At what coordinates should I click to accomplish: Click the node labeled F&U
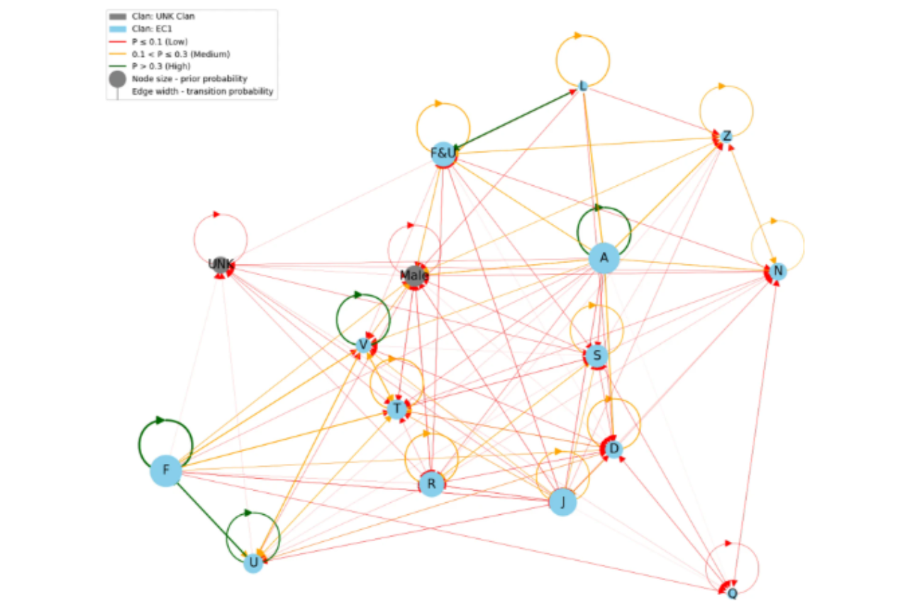443,153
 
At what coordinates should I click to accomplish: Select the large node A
604,258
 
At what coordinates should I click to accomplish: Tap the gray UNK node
221,265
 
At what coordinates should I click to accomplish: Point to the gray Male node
415,275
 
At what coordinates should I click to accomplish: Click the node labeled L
583,87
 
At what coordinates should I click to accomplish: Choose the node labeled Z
726,136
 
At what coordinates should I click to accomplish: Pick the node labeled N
778,271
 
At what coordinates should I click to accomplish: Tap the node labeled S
596,355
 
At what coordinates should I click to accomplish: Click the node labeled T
397,409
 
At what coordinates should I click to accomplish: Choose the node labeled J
562,502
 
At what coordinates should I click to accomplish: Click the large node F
166,470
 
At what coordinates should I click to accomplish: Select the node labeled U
253,563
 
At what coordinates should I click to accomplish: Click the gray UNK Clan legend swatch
118,16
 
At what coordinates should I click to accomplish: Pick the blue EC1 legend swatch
118,28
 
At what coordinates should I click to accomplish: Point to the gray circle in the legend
118,79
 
